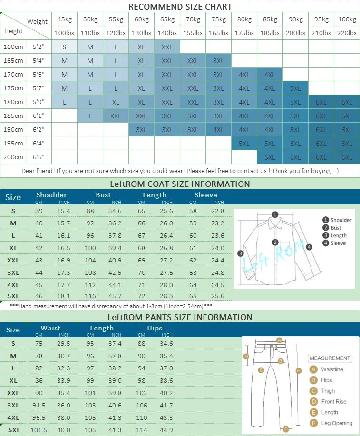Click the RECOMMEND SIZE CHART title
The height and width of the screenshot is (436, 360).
(x=180, y=7)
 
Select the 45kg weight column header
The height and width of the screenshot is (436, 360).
(x=64, y=19)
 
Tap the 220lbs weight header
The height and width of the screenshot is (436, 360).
(x=347, y=33)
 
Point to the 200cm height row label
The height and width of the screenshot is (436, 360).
(x=13, y=157)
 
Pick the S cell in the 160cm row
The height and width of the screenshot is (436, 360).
(x=64, y=47)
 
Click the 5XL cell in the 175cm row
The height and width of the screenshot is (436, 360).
(x=295, y=88)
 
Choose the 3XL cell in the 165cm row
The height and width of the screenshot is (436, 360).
(x=218, y=61)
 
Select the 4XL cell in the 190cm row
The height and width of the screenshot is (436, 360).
(x=218, y=130)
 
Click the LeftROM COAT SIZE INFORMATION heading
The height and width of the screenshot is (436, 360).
(x=180, y=184)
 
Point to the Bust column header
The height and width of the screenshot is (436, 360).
(x=103, y=195)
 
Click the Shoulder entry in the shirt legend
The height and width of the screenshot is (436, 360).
(x=341, y=220)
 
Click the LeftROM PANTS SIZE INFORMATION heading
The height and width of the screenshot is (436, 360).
(x=180, y=317)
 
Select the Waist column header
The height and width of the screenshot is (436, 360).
(x=50, y=328)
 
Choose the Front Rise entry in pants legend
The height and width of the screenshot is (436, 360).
(x=334, y=402)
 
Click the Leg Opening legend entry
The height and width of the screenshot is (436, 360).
(x=337, y=423)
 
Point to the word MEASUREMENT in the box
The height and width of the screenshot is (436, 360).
(x=330, y=358)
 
